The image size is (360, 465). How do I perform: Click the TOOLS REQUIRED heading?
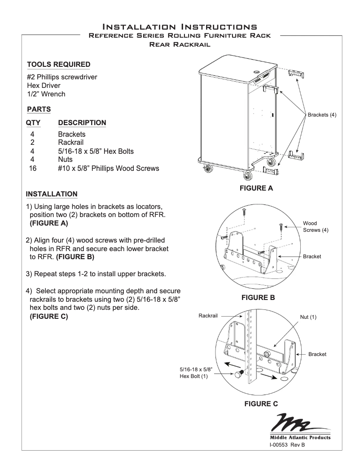point(58,65)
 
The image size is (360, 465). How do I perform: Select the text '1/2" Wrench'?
point(46,94)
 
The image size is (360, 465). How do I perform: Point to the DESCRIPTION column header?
point(82,122)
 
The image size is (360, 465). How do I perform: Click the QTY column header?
point(34,122)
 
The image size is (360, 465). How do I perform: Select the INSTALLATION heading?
point(52,194)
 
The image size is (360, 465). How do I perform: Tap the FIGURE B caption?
point(258,297)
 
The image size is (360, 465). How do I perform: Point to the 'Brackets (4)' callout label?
point(322,115)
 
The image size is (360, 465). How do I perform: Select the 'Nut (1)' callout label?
point(308,317)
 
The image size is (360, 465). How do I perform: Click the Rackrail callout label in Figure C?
point(208,316)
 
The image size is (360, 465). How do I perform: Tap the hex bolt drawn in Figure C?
point(238,374)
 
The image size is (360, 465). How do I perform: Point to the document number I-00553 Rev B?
point(287,445)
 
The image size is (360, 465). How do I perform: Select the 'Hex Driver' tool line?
point(43,85)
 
